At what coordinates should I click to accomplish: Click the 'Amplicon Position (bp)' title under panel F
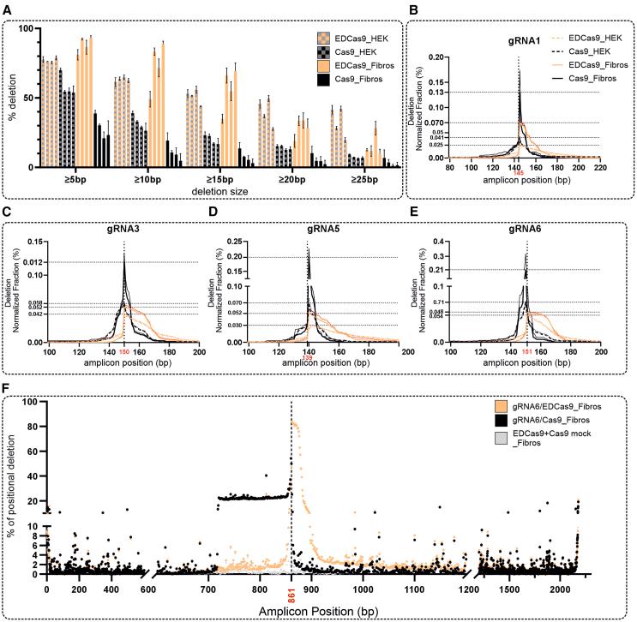tap(310, 610)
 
